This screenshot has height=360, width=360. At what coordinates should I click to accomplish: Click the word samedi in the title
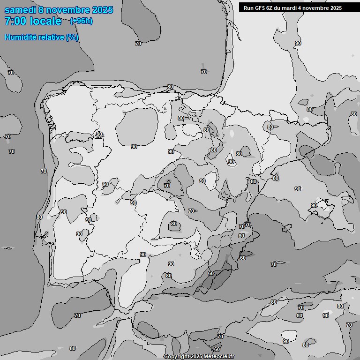pos(20,10)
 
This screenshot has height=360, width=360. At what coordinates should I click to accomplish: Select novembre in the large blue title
pos(68,10)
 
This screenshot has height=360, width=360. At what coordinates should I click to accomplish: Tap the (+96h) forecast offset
pos(81,21)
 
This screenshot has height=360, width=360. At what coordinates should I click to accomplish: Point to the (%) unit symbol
pos(72,37)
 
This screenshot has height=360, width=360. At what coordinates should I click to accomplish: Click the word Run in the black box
pos(248,8)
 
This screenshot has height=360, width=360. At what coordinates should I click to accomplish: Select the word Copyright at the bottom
pos(177,357)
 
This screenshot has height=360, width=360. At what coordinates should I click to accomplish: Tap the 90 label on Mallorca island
pos(314,205)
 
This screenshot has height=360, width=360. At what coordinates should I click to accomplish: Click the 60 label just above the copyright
pos(217,349)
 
